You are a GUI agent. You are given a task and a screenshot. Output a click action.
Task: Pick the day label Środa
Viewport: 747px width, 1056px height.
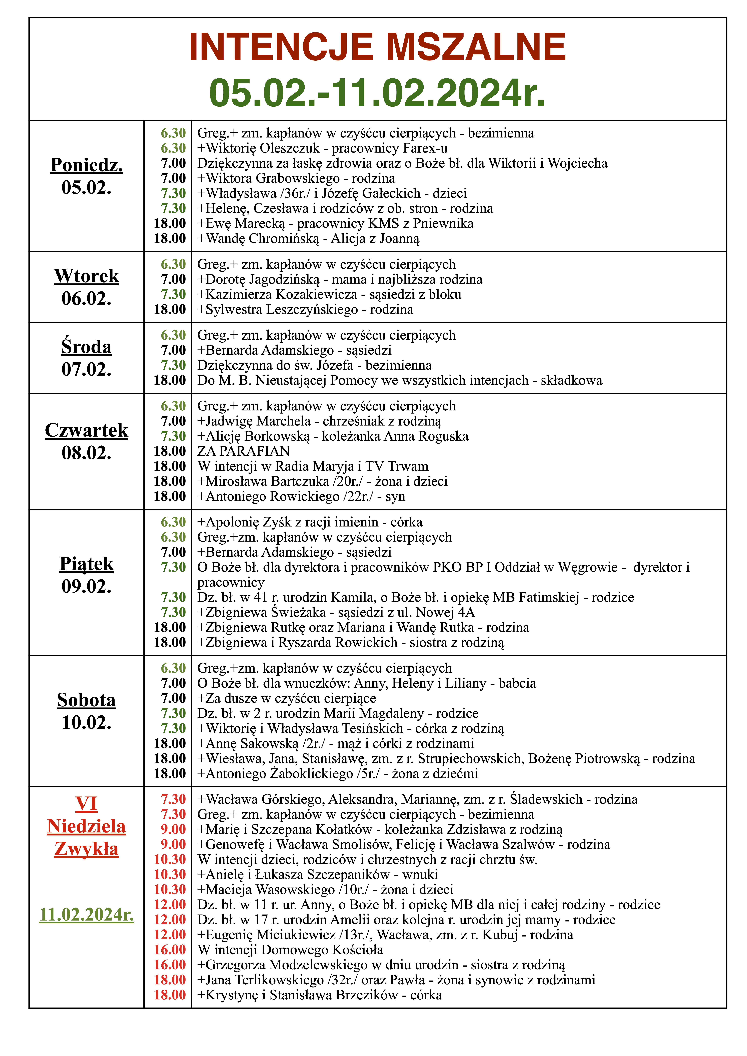click(86, 347)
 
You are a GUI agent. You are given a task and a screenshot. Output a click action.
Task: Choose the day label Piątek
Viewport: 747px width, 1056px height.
click(86, 564)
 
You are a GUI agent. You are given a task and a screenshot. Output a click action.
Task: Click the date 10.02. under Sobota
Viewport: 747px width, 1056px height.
click(86, 723)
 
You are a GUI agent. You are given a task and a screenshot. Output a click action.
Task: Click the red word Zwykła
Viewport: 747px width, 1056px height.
click(86, 849)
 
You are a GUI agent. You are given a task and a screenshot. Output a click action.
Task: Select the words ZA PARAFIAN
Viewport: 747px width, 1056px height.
click(243, 451)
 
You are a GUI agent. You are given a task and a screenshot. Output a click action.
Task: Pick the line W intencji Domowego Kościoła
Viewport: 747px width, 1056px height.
click(290, 950)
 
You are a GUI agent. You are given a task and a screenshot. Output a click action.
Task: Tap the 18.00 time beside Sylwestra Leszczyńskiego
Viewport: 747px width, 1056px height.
click(170, 309)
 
